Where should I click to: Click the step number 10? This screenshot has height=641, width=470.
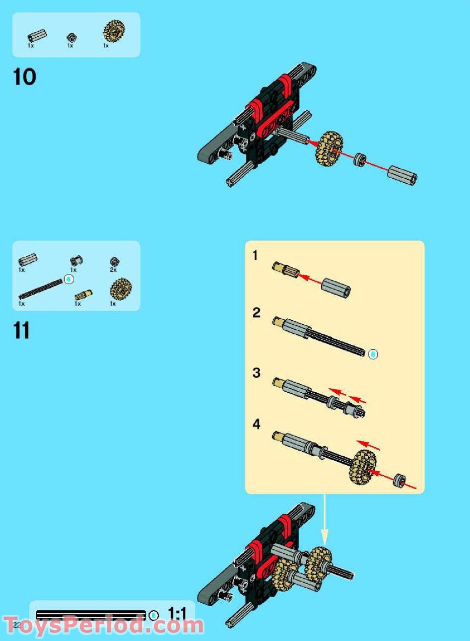point(24,78)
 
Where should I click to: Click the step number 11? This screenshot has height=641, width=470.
point(22,331)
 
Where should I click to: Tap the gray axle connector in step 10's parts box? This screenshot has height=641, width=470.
point(37,36)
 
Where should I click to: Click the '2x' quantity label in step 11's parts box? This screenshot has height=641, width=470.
point(113,270)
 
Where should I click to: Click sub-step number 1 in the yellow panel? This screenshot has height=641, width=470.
point(255,256)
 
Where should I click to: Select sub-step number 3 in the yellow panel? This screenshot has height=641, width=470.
point(256,373)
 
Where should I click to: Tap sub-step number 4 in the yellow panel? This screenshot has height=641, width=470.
point(256,424)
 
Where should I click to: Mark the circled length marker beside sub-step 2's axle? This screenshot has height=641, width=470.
point(373,354)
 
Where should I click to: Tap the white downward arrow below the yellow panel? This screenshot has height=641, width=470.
point(325,524)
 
